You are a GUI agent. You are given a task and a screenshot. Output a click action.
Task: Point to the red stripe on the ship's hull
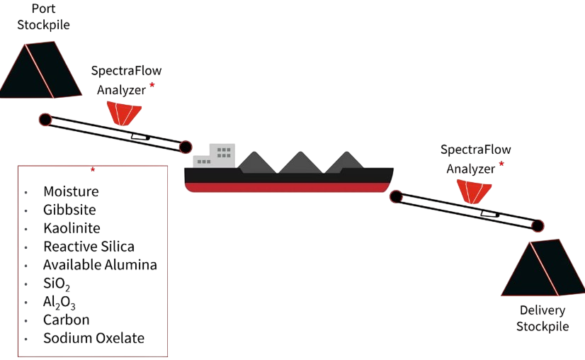[288, 188]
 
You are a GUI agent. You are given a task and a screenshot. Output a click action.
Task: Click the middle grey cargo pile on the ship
[300, 162]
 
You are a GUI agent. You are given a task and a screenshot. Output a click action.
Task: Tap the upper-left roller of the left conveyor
[45, 119]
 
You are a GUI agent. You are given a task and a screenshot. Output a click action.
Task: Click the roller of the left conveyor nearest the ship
[185, 147]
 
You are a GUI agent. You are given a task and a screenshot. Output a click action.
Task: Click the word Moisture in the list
[71, 191]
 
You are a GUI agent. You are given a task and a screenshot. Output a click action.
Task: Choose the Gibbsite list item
[69, 210]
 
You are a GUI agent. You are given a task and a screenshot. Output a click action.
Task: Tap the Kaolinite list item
[72, 228]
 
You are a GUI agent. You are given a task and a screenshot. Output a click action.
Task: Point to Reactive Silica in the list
[89, 247]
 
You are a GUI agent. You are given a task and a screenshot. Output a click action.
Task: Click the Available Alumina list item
[99, 265]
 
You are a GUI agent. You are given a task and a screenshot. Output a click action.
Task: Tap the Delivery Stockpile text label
[542, 319]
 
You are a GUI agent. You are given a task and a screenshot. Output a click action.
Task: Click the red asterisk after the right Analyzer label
[502, 164]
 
